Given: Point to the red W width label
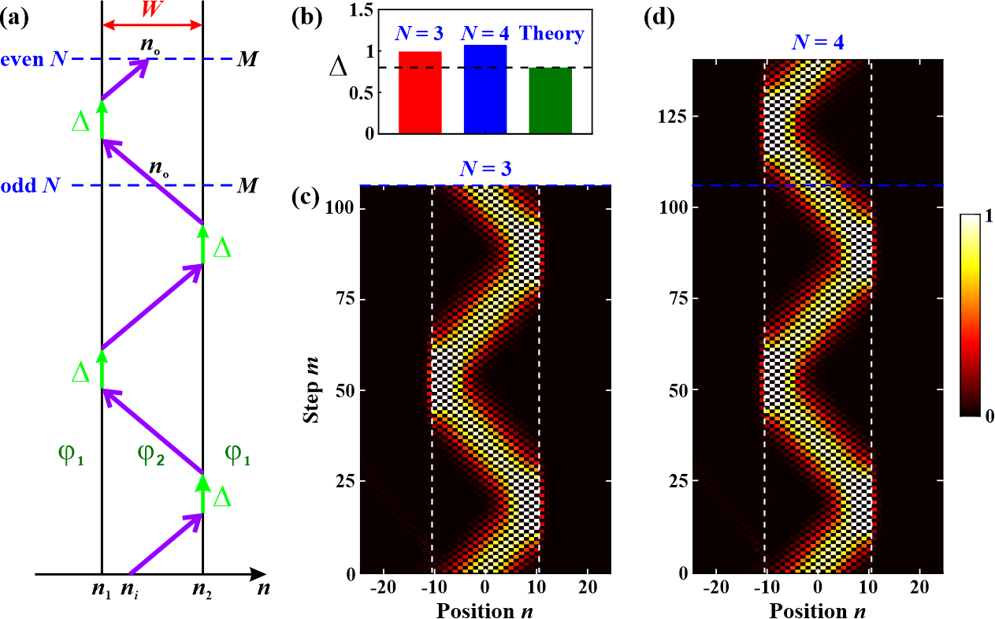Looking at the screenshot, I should pyautogui.click(x=152, y=9).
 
